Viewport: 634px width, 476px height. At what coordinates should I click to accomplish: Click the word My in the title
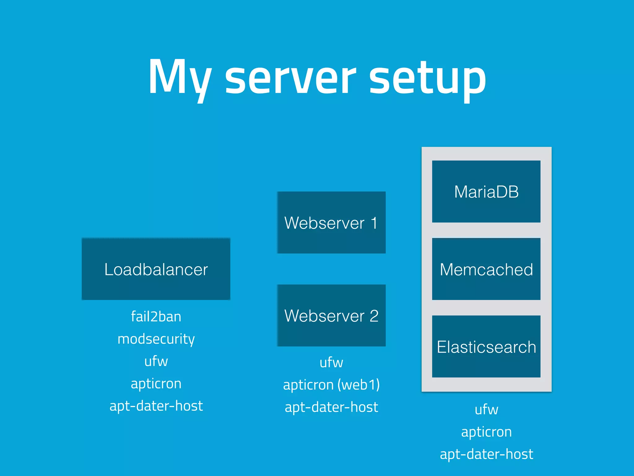click(180, 77)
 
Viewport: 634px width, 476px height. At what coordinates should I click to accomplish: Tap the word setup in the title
click(427, 77)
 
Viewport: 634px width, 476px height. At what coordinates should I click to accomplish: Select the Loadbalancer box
click(156, 269)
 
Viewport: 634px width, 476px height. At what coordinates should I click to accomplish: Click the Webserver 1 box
click(331, 223)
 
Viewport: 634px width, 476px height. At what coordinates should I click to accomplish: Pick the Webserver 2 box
click(331, 315)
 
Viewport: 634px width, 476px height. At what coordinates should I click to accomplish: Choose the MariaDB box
click(486, 192)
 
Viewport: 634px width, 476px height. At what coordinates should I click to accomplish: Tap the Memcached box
click(486, 269)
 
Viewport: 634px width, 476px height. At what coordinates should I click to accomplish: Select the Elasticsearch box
click(486, 346)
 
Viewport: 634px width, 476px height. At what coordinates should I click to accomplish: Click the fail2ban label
click(156, 317)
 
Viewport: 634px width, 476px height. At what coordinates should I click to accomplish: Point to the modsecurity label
click(156, 339)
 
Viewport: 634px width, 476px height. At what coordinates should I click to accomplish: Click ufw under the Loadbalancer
click(156, 361)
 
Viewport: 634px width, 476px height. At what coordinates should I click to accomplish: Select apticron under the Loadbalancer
click(156, 384)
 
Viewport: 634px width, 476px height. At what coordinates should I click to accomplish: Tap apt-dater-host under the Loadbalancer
click(156, 406)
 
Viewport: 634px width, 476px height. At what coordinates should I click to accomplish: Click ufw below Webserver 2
click(331, 363)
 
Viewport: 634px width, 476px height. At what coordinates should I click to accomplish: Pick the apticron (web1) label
click(331, 385)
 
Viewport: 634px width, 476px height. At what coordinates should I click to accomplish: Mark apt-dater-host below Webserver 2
click(331, 407)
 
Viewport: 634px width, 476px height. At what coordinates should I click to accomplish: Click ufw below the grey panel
click(486, 410)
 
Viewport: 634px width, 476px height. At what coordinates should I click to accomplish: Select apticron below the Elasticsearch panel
click(486, 432)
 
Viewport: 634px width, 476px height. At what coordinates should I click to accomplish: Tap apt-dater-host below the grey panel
click(486, 454)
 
